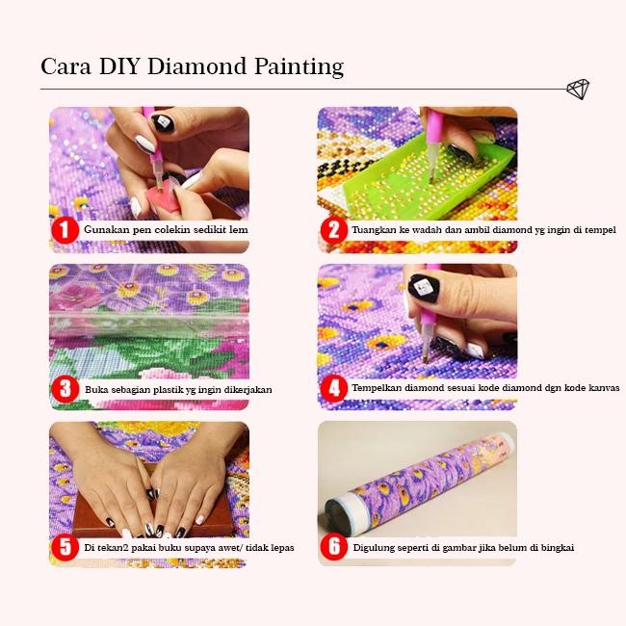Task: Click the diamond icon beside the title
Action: point(577,90)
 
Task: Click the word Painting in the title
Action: point(299,66)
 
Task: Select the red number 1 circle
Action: point(65,230)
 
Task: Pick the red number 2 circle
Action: point(333,230)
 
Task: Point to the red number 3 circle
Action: point(65,389)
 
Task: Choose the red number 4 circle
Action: point(333,389)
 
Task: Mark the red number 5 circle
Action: point(65,547)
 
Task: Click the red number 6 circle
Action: point(333,547)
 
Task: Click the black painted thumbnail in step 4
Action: point(424,287)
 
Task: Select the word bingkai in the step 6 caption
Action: point(555,548)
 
